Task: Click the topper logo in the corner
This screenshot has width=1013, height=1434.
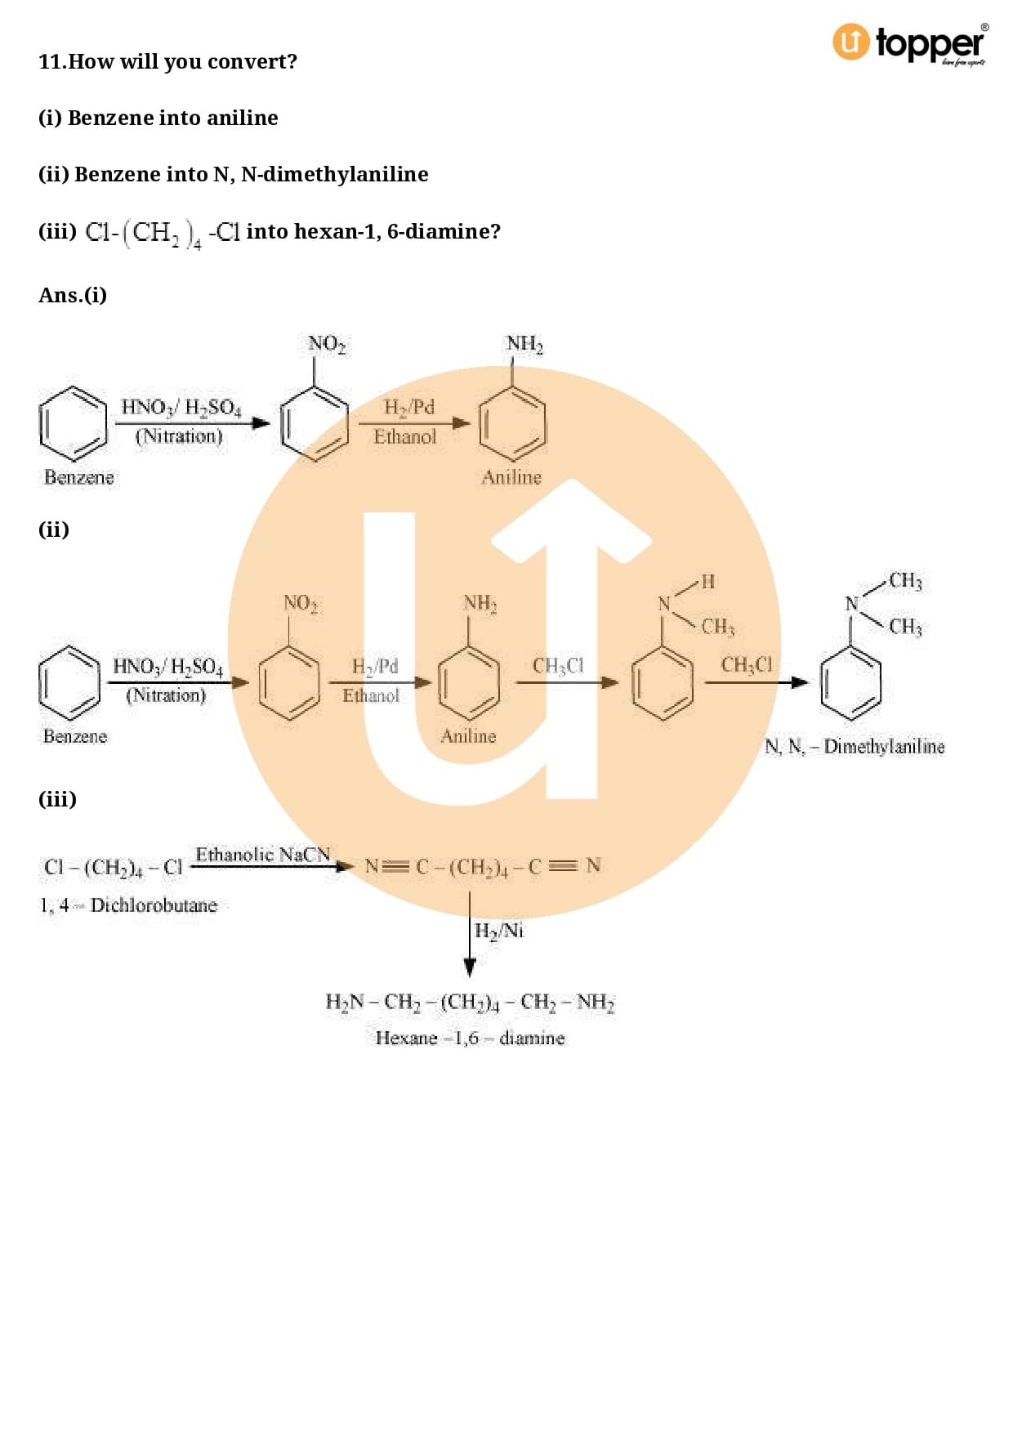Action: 910,43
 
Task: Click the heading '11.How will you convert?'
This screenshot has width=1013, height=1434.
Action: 167,61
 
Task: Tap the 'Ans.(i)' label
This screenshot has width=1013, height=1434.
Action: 73,295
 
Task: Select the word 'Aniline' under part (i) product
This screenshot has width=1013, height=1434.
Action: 511,477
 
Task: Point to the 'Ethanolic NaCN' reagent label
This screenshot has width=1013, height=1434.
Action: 262,855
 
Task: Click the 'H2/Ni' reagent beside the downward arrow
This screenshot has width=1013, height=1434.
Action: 499,931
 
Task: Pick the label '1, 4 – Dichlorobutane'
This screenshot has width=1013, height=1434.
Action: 129,905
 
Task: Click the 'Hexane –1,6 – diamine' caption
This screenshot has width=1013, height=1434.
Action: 470,1038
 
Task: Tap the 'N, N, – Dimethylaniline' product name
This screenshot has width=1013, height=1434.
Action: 855,746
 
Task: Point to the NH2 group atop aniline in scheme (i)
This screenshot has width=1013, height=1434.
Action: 524,344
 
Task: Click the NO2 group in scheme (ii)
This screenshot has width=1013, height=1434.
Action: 301,604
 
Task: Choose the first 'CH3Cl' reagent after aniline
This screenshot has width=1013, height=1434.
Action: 559,666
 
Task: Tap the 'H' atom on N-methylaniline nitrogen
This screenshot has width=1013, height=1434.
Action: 707,581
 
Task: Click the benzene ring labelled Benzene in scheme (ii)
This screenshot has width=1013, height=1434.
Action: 69,682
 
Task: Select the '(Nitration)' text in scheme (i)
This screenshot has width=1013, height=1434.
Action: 179,436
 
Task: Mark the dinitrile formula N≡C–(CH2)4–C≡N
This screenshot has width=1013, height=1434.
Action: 483,867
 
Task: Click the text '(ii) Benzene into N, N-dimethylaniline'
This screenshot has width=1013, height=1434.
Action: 234,174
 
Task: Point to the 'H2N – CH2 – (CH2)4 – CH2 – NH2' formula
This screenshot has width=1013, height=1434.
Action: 470,1002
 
